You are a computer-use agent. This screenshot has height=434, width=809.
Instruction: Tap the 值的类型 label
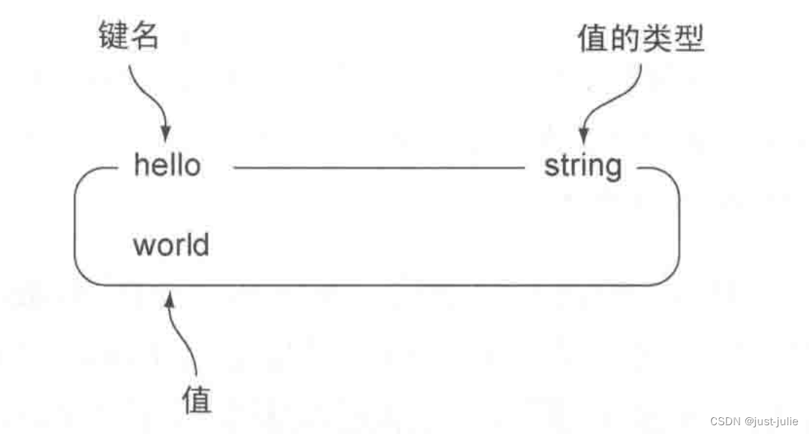tap(641, 39)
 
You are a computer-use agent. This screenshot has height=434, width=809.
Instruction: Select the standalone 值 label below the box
tap(197, 399)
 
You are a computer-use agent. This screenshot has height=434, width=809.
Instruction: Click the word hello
tap(167, 165)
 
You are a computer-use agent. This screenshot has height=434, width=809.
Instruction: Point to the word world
tap(170, 244)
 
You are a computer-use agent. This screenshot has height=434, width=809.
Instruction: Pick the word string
tap(582, 166)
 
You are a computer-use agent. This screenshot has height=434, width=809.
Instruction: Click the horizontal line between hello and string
tap(379, 167)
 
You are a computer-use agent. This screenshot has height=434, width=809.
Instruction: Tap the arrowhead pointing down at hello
tap(166, 134)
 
